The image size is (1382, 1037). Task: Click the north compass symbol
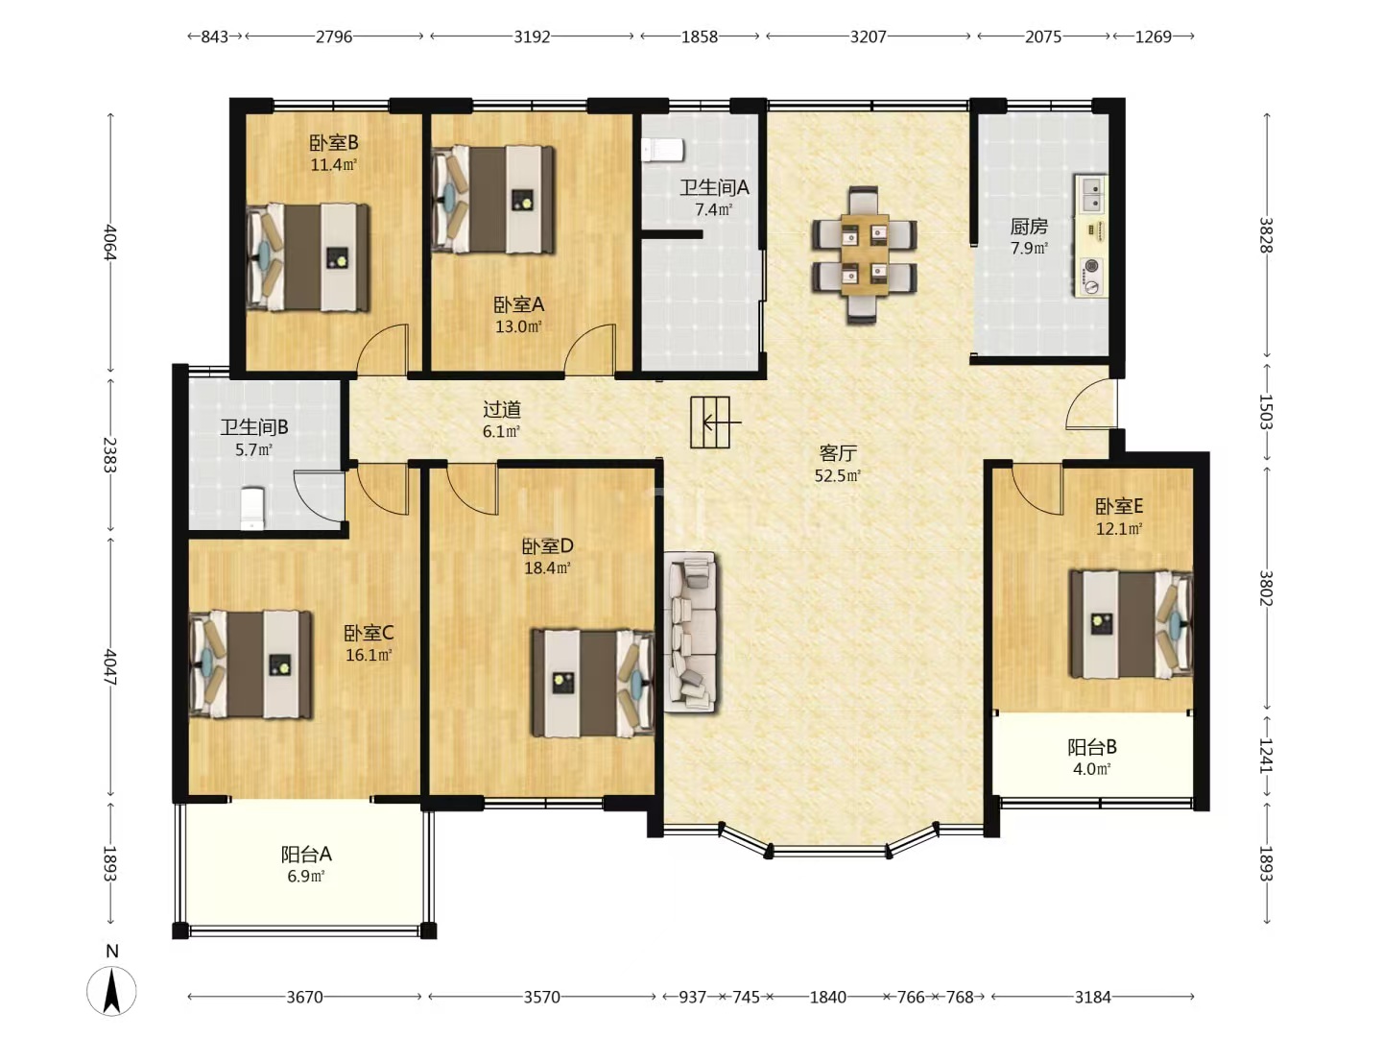111,990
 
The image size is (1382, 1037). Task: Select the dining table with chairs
863,255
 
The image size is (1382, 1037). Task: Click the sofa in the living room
691,632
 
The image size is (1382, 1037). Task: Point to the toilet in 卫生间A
662,151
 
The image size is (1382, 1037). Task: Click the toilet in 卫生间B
252,508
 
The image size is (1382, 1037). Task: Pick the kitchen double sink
1092,194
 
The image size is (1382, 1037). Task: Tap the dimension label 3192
532,37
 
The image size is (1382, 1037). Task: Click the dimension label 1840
827,998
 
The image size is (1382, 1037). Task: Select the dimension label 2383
110,454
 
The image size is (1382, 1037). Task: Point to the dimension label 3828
1267,235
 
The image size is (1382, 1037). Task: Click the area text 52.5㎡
838,475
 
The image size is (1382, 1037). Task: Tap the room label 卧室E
1119,506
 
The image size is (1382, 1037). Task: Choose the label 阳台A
306,855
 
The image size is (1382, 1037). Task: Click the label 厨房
1029,226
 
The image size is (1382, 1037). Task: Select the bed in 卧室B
308,257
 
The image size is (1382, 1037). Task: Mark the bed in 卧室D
593,683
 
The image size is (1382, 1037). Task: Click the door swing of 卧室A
589,350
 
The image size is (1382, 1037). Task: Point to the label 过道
502,410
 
